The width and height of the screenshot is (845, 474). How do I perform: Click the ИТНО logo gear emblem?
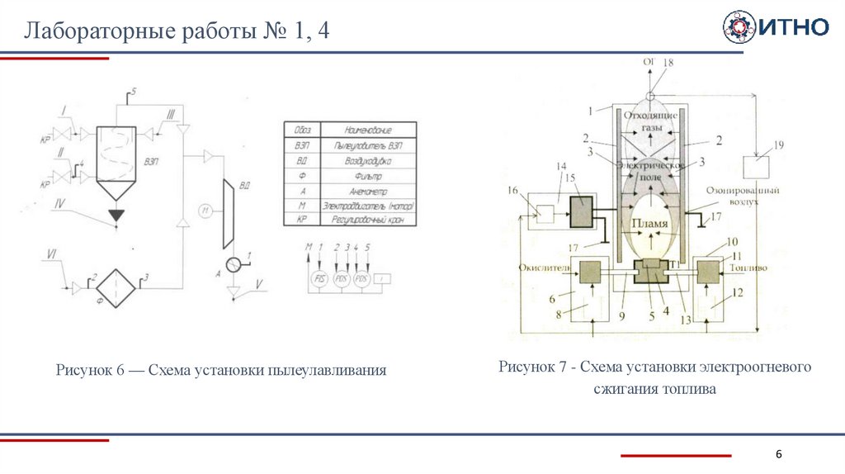click(x=739, y=27)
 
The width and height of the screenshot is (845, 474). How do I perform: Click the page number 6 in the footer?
click(x=778, y=456)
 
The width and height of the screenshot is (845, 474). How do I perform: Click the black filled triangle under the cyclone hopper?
click(x=117, y=216)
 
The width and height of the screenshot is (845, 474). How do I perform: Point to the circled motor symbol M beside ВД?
click(x=205, y=211)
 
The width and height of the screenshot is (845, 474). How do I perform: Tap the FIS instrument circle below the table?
click(x=319, y=278)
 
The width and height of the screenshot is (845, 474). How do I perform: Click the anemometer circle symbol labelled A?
click(x=234, y=264)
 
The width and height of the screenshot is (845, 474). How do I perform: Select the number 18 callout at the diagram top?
click(x=668, y=63)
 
